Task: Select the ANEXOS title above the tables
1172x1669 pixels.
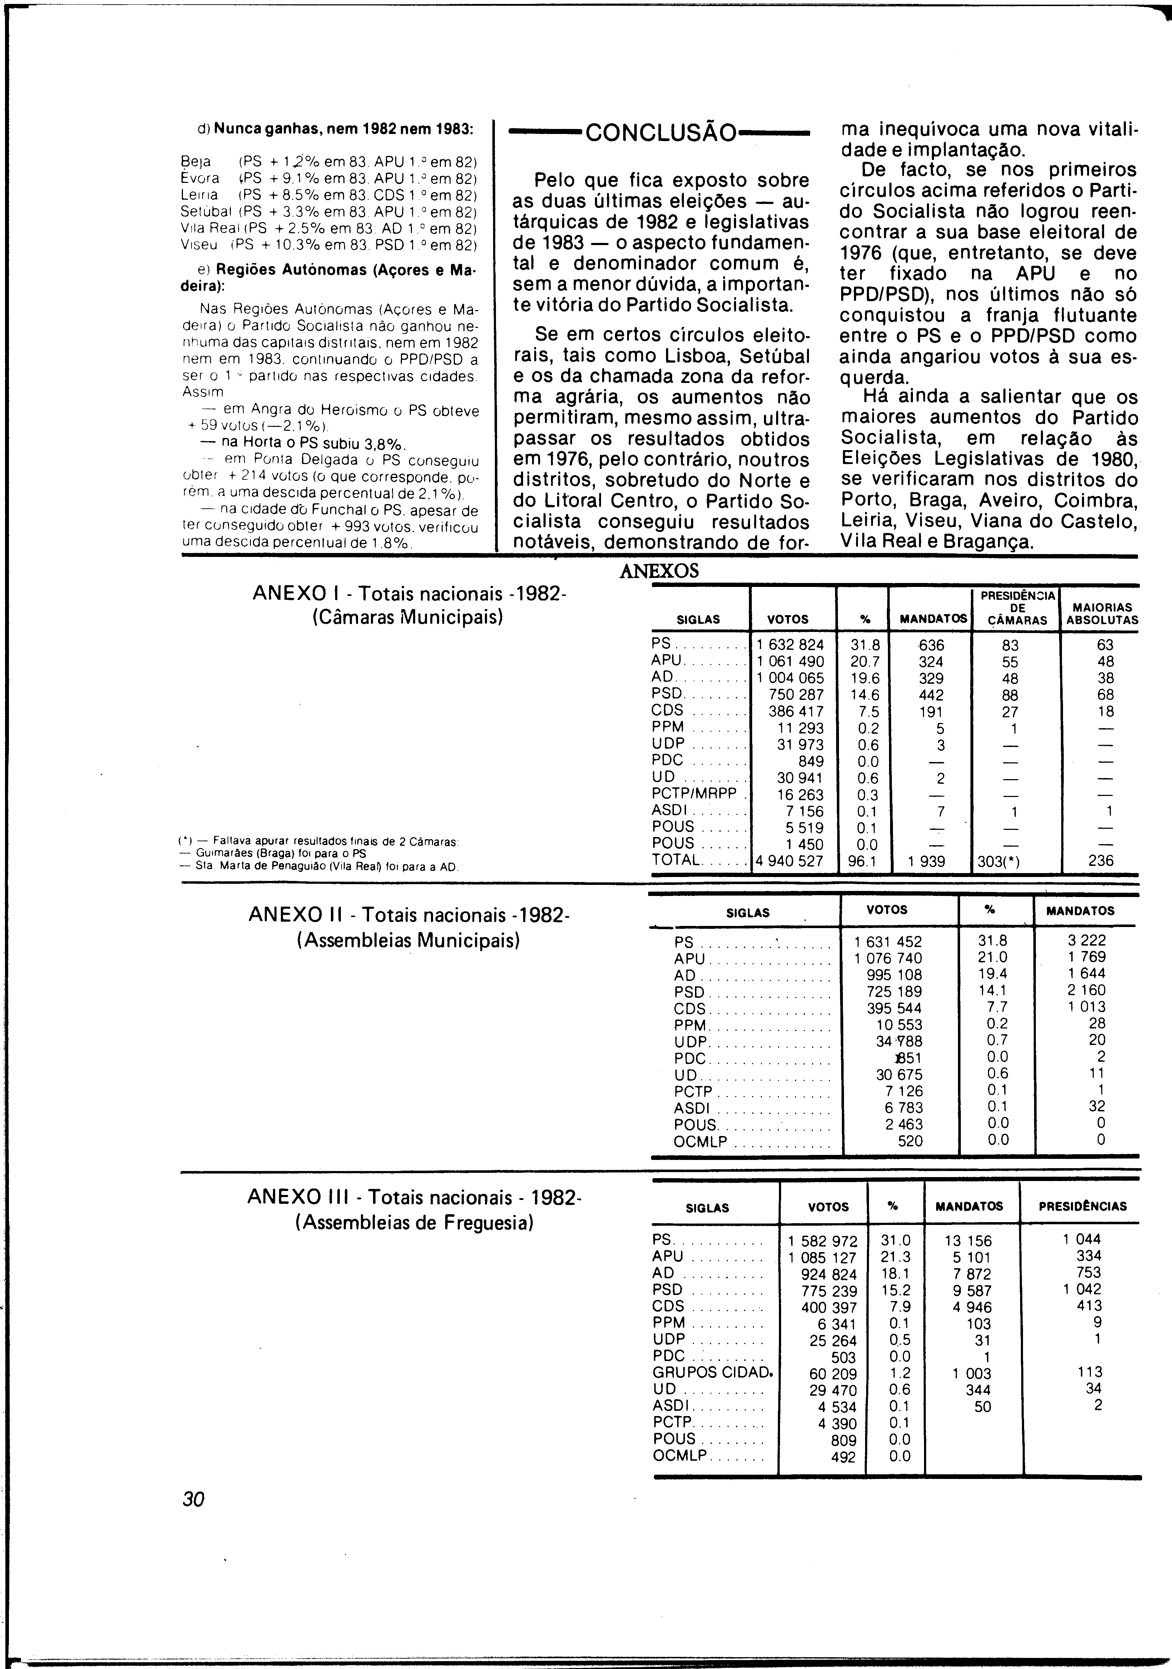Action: pos(659,571)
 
